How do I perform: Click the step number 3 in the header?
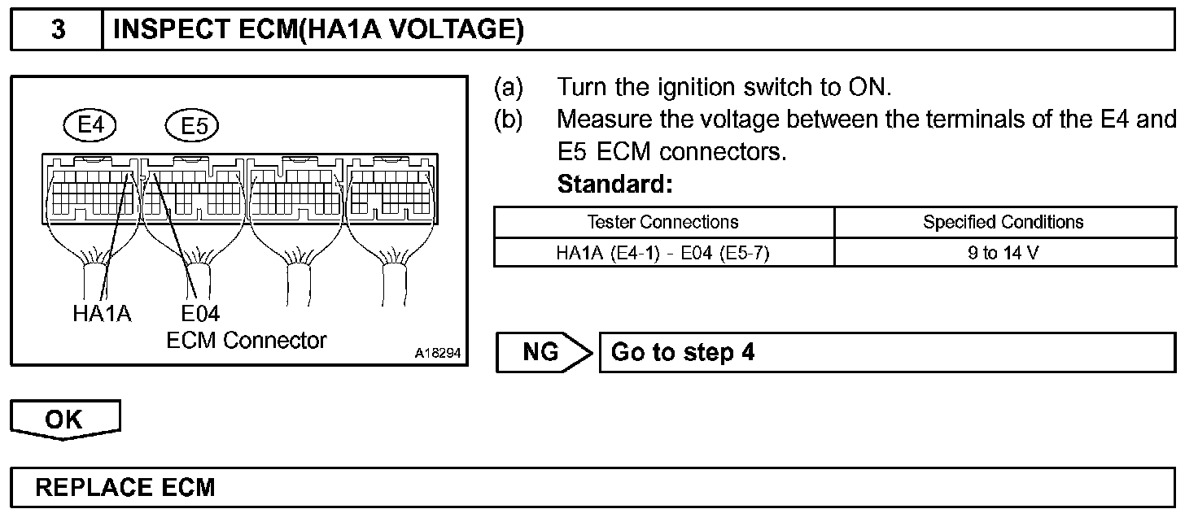(58, 30)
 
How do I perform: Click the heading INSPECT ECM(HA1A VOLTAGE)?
(318, 30)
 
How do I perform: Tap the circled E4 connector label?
(90, 125)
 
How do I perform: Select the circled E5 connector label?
(192, 126)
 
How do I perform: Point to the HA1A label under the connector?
(102, 314)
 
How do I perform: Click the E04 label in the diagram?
(200, 314)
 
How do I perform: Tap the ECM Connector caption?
(246, 340)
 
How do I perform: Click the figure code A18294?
(437, 354)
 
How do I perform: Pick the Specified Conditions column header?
(1003, 222)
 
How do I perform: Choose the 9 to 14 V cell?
(1003, 252)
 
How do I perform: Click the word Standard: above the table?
(614, 185)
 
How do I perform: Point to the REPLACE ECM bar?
(592, 487)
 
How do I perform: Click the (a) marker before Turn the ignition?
(509, 87)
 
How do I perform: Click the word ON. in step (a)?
(869, 87)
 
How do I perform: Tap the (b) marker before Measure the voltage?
(509, 120)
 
